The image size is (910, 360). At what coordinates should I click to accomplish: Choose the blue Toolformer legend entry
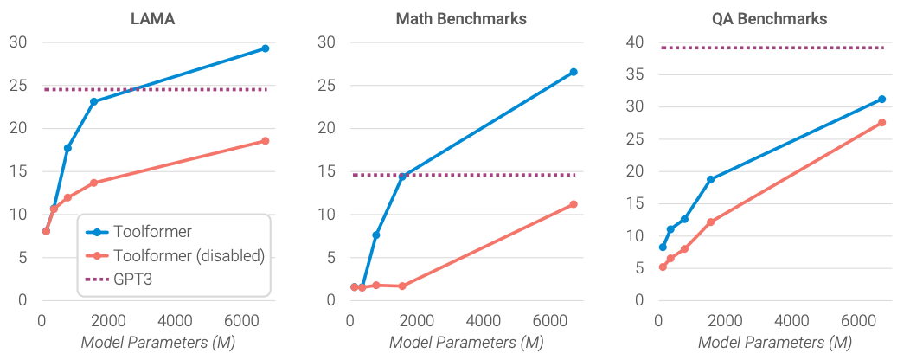point(153,232)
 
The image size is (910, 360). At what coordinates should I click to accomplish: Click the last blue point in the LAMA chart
point(266,48)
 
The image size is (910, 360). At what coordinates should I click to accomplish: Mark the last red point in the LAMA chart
point(266,141)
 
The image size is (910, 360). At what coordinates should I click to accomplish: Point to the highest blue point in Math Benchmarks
point(573,72)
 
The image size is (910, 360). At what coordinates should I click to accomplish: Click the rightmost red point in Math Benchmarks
point(573,204)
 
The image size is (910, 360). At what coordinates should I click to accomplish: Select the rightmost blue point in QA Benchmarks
point(881,100)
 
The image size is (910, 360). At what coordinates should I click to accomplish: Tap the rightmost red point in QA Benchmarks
point(881,123)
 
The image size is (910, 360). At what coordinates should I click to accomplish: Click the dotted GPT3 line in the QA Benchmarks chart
point(770,48)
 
